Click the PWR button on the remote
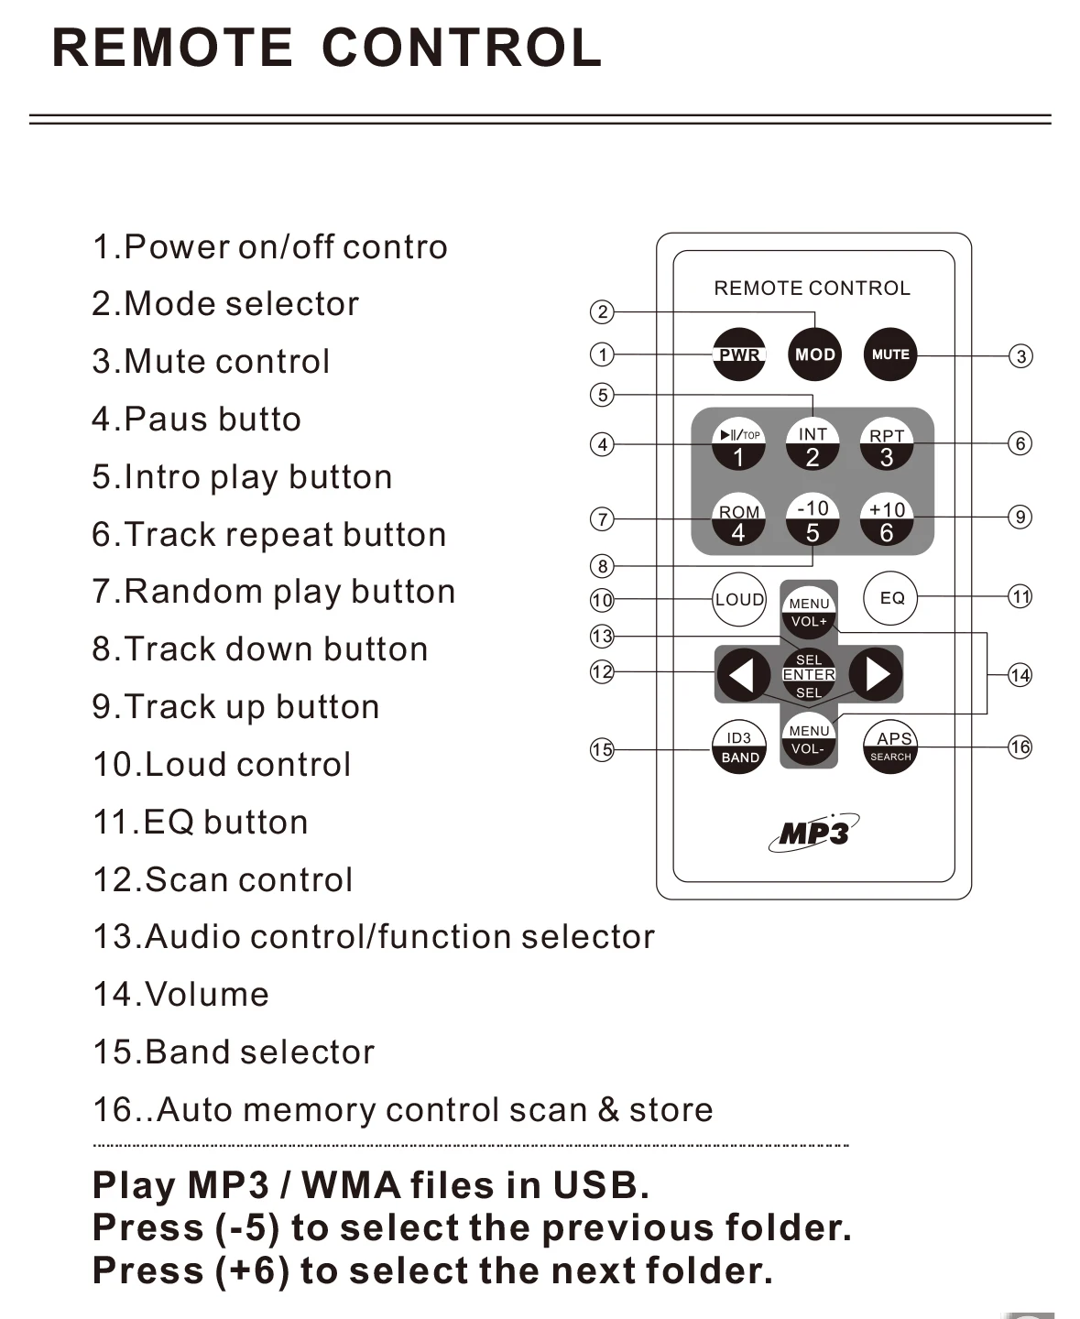tap(739, 354)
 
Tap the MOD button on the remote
tap(814, 354)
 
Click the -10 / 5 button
tap(813, 519)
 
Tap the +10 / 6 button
tap(887, 519)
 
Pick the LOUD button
tap(739, 600)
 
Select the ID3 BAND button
tap(739, 747)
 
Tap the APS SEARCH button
tap(890, 747)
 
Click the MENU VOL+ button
tap(809, 611)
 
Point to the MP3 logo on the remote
tap(814, 833)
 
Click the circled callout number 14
tap(1020, 676)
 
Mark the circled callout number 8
tap(603, 566)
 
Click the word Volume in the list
tap(207, 995)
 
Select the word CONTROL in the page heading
tap(462, 49)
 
